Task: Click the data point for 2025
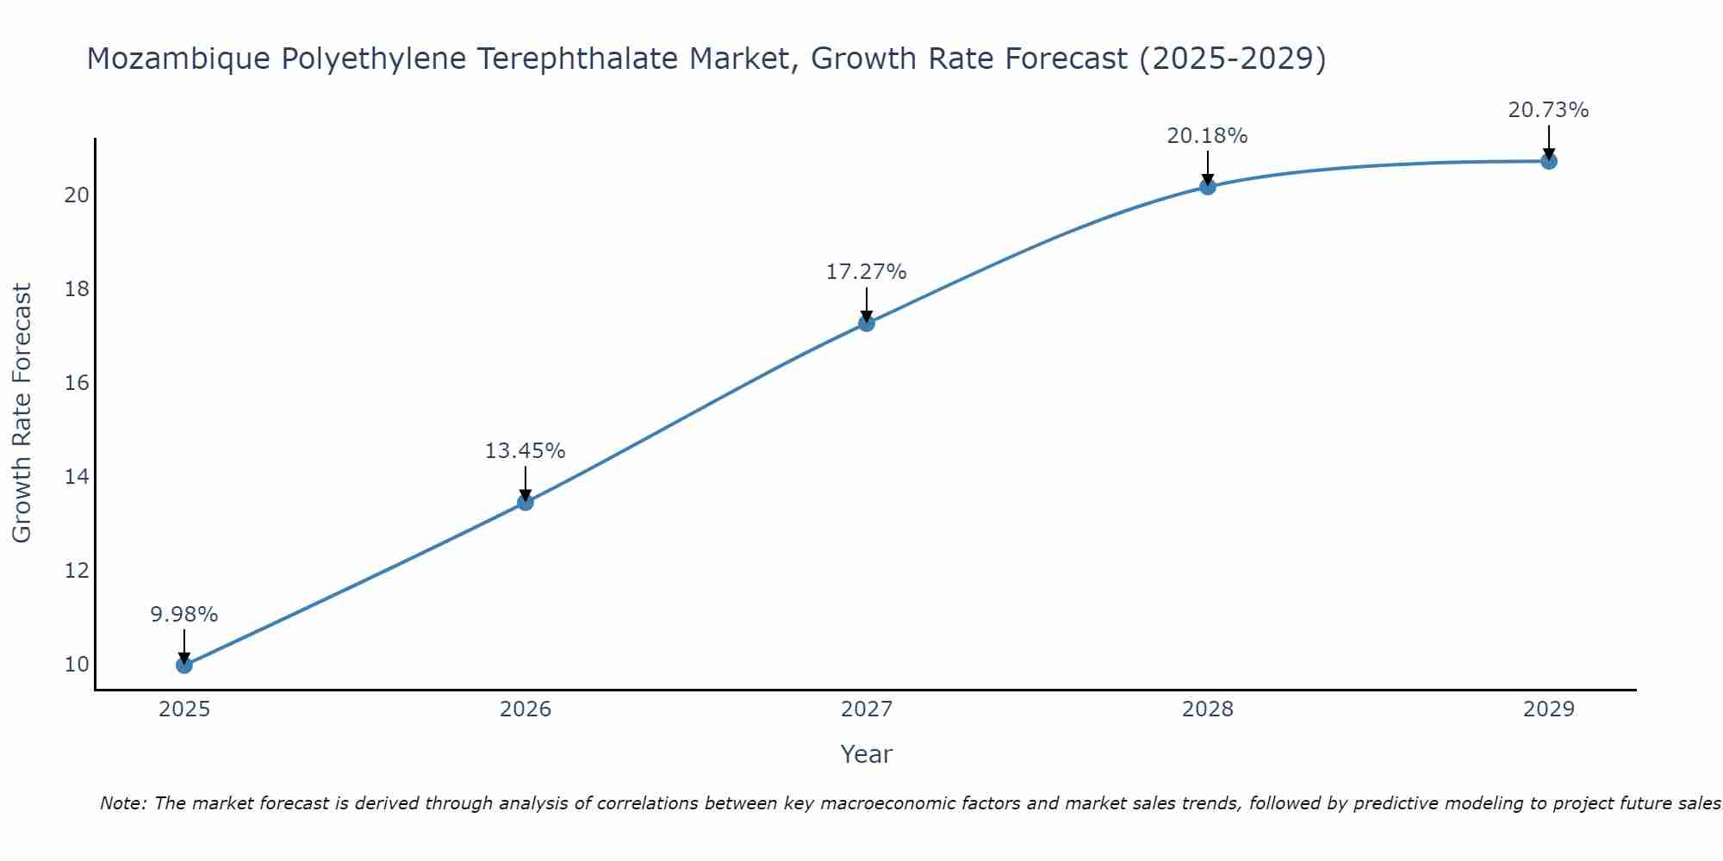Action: coord(183,665)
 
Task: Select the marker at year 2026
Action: coord(525,502)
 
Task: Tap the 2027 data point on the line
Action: coord(866,323)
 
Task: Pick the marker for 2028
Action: coord(1207,186)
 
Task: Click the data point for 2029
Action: coord(1548,161)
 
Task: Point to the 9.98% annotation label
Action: coord(183,615)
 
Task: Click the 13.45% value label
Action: coord(525,451)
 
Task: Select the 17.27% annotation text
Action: coord(866,272)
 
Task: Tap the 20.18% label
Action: coord(1207,136)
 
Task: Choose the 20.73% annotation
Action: coord(1548,110)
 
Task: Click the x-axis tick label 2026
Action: coord(525,709)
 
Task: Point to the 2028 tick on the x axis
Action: coord(1207,709)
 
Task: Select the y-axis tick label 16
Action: coord(77,383)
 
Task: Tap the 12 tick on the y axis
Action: coord(77,571)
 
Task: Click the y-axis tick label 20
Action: coord(77,195)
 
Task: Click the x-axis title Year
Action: coord(866,754)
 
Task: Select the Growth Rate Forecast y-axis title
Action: coord(22,413)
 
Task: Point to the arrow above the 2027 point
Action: coord(866,304)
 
